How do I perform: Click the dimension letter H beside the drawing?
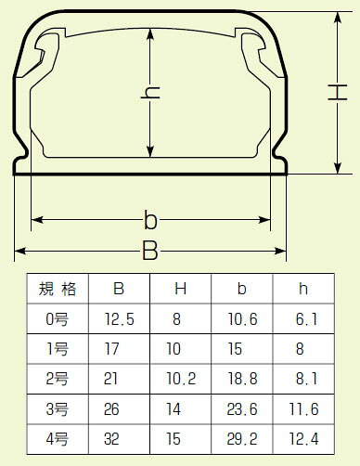[x=338, y=92]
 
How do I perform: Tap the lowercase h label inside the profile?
[x=150, y=93]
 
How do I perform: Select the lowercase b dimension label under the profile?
[x=150, y=220]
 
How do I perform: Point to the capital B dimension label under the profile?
[x=150, y=251]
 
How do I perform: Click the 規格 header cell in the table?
[x=58, y=289]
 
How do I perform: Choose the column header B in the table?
[x=119, y=289]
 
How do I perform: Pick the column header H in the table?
[x=181, y=289]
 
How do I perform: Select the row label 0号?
[x=58, y=319]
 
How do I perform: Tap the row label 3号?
[x=58, y=409]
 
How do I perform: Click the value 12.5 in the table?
[x=120, y=319]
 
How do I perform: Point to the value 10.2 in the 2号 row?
[x=181, y=379]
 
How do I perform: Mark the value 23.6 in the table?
[x=242, y=409]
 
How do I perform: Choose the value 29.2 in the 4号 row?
[x=242, y=439]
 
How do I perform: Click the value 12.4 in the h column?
[x=303, y=439]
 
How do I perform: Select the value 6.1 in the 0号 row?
[x=307, y=319]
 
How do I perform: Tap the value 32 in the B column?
[x=111, y=439]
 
